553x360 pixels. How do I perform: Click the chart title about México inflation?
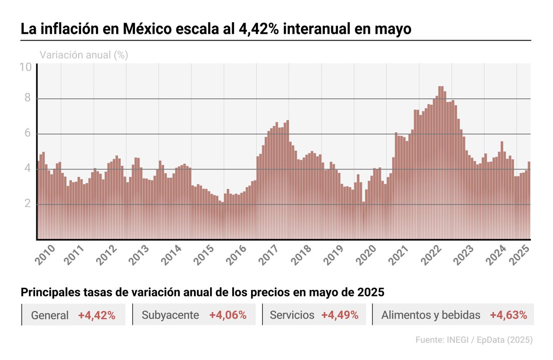pos(216,29)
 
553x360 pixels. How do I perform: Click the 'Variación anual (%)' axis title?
pos(84,55)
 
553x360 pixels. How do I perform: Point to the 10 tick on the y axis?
pos(25,67)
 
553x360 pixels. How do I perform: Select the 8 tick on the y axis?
pos(28,98)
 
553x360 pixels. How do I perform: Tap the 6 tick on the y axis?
pos(28,134)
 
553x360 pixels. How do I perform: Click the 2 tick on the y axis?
pos(28,204)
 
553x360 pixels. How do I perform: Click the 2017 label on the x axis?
pos(269,254)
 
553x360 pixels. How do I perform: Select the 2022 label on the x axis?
pos(432,254)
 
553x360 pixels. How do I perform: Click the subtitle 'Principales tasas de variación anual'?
pos(203,292)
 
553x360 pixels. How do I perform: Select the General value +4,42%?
pos(96,315)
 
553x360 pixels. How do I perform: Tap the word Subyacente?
pos(170,315)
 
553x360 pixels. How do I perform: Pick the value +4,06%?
pos(228,315)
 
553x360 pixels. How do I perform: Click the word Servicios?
pos(292,315)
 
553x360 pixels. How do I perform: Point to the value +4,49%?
pos(340,315)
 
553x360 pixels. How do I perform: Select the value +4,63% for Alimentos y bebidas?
pos(508,315)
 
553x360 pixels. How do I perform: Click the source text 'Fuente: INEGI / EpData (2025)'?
pos(474,340)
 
